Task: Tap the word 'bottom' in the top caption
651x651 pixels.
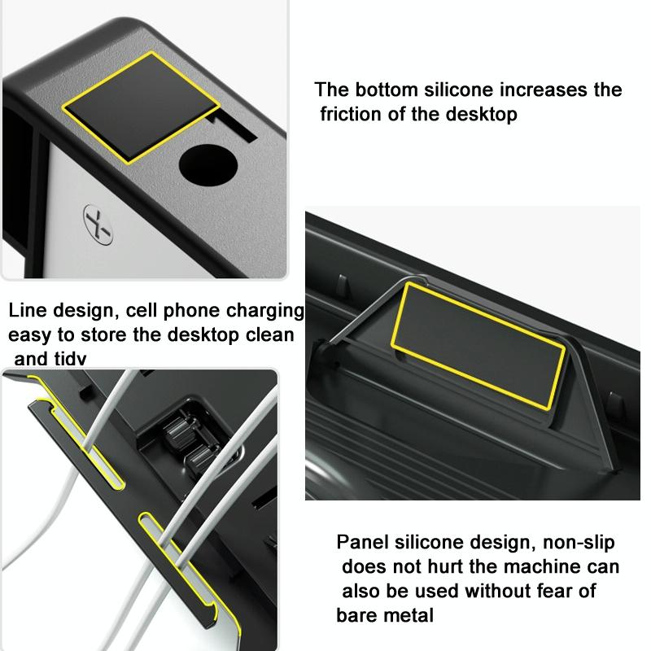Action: [x=382, y=90]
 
